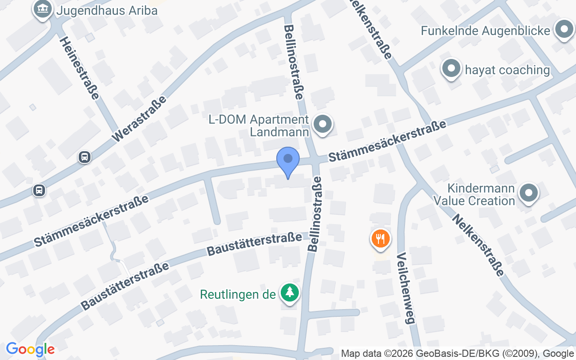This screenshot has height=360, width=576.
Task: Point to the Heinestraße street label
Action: pyautogui.click(x=79, y=67)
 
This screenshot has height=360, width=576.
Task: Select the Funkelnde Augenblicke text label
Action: pyautogui.click(x=486, y=31)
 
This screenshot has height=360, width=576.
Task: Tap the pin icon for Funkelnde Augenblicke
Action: pyautogui.click(x=563, y=30)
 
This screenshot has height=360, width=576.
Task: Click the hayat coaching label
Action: pyautogui.click(x=507, y=70)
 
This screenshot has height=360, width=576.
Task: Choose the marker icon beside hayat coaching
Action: pyautogui.click(x=451, y=69)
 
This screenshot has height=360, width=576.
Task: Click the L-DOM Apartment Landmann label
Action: pyautogui.click(x=259, y=126)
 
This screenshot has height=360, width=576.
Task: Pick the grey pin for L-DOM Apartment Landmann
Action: pyautogui.click(x=322, y=124)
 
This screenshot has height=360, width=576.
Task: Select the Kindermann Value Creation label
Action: pyautogui.click(x=474, y=194)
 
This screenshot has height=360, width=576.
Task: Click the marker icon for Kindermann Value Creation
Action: pyautogui.click(x=529, y=193)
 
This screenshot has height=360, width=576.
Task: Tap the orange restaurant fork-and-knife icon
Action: pyautogui.click(x=381, y=238)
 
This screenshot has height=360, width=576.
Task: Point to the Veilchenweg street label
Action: pyautogui.click(x=405, y=288)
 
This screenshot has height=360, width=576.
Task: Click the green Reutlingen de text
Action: pyautogui.click(x=238, y=295)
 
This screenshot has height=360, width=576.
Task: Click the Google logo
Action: pyautogui.click(x=30, y=349)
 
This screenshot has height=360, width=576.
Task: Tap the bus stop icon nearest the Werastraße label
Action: pyautogui.click(x=84, y=157)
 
